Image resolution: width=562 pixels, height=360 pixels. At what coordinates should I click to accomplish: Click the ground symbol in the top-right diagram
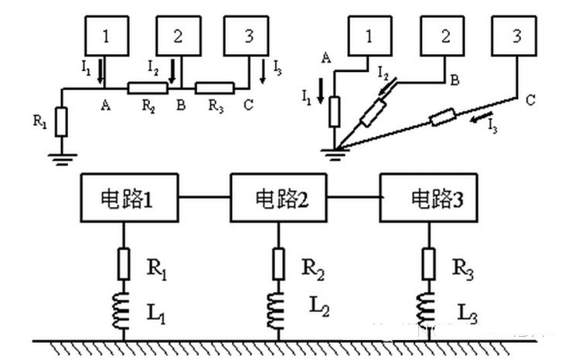(x=335, y=154)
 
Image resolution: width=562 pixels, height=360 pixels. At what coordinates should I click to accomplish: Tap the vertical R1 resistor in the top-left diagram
(x=60, y=121)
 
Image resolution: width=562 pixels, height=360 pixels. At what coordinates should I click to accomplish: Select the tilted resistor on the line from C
(x=443, y=117)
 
